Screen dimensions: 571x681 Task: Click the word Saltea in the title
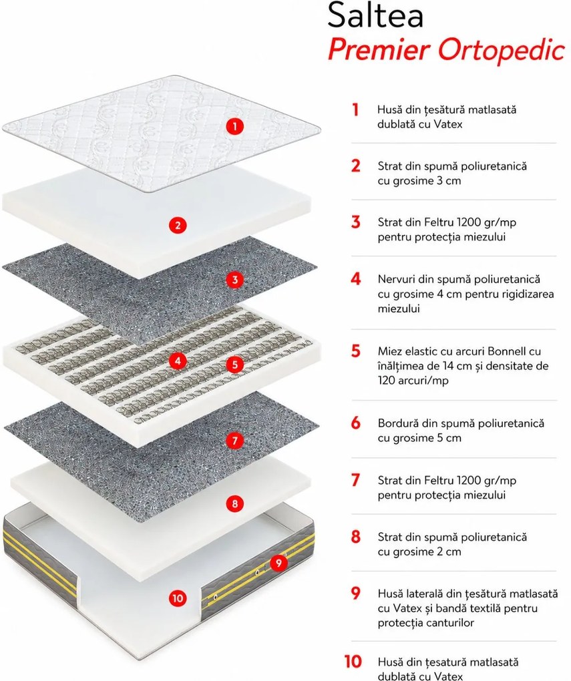[375, 15]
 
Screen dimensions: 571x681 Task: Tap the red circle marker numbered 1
[234, 126]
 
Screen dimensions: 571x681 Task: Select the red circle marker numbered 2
[177, 226]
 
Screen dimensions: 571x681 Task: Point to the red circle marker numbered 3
[234, 279]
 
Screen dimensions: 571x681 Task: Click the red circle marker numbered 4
[177, 361]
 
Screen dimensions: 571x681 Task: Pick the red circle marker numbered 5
[234, 364]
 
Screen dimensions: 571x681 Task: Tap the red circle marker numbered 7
[234, 441]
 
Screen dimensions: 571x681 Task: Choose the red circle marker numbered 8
[234, 504]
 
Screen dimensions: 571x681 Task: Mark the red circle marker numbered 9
[278, 563]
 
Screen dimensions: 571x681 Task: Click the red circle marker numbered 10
[177, 598]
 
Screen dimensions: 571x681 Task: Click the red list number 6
[356, 423]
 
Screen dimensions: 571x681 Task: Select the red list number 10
[353, 662]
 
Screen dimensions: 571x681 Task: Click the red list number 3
[356, 222]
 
